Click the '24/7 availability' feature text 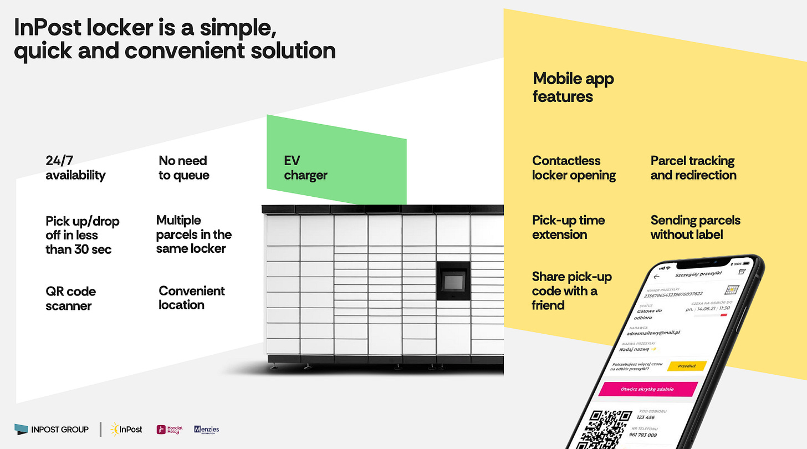pos(75,168)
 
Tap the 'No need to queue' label pos(183,168)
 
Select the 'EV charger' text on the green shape pos(305,168)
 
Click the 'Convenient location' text pos(191,298)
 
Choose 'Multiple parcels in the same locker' pos(193,234)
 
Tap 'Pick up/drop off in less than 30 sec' pos(82,235)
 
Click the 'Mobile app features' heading pos(573,87)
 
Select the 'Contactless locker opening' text pos(574,168)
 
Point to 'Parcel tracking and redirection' pos(693,168)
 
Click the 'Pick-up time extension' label pos(568,227)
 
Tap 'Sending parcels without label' pos(695,227)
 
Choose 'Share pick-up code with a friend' pos(571,290)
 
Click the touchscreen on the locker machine pos(453,281)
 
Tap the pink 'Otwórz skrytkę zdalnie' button pos(647,389)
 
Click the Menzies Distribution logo pos(206,429)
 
